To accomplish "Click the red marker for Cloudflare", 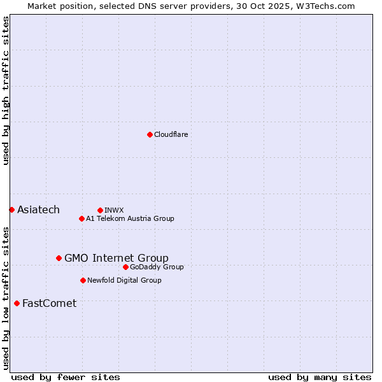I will coord(150,134).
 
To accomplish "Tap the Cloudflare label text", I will coord(171,134).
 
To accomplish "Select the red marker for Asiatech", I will coord(11,209).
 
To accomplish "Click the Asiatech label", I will coord(38,210).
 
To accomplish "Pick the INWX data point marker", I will coord(100,210).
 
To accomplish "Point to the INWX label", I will coord(114,210).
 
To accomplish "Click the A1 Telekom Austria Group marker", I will coord(81,218).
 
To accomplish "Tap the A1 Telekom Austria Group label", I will coord(130,218).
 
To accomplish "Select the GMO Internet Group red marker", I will coord(59,258).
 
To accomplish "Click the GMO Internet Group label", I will coord(117,258).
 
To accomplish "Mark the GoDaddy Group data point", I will coord(125,267).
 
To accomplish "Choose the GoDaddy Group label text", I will coord(157,267).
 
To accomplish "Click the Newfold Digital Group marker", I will coord(83,280).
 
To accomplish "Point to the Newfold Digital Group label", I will coord(124,280).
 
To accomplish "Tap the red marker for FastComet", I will coord(17,303).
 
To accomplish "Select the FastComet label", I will coord(49,303).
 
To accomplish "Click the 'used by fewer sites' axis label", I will coord(66,377).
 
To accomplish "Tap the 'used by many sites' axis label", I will coord(320,377).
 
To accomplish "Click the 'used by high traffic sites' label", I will coord(6,91).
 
